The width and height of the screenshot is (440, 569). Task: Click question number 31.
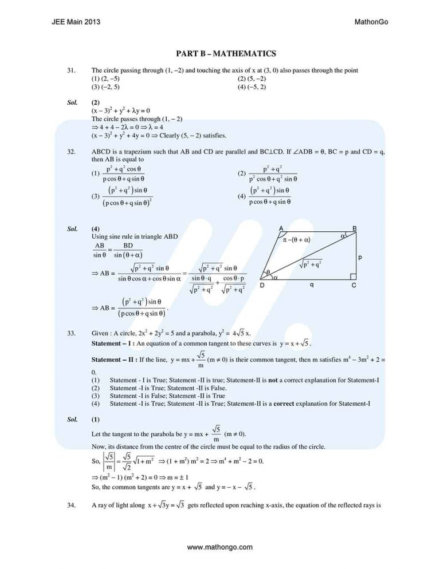(71, 70)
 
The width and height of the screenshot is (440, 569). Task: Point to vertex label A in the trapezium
(281, 228)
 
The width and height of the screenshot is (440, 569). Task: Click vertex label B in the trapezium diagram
(355, 228)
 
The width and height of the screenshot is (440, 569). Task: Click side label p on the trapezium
(360, 257)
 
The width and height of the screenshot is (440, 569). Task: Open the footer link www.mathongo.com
(220, 547)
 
